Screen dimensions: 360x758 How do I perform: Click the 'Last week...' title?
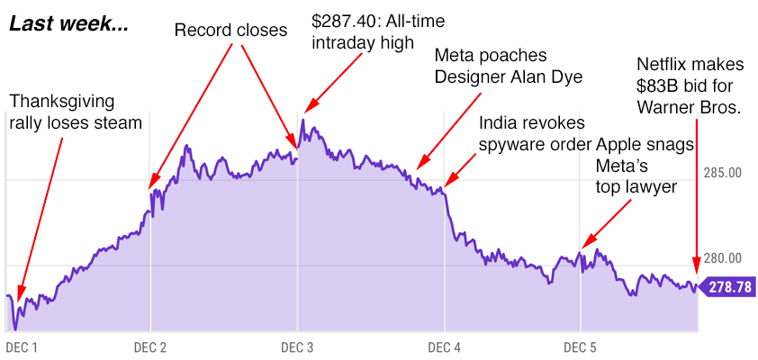68,24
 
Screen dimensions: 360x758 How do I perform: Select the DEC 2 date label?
149,346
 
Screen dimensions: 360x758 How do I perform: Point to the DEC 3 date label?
297,346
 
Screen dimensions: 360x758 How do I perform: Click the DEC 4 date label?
445,346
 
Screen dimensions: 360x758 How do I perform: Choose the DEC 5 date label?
580,346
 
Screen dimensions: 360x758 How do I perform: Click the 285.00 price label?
722,172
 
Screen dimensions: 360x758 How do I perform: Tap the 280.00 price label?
722,258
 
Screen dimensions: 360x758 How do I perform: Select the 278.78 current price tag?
730,288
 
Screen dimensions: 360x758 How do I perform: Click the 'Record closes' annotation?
230,31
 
